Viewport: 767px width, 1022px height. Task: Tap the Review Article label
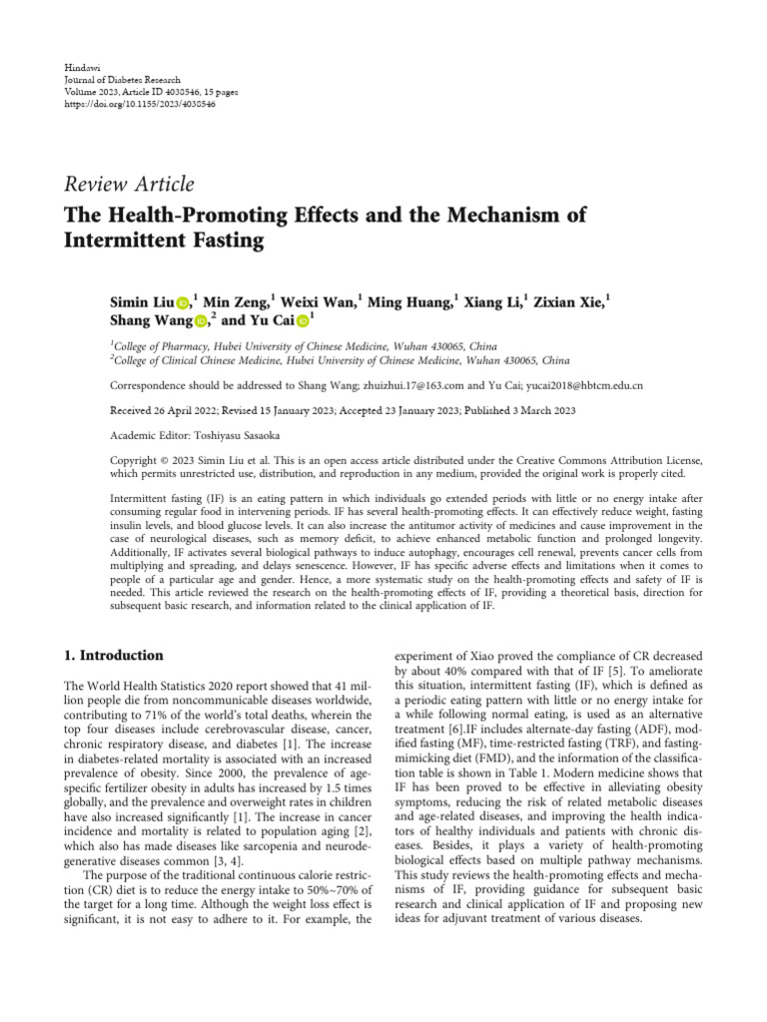pos(129,184)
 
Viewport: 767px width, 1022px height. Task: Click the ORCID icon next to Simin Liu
pos(183,302)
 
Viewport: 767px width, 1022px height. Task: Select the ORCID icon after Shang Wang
pos(200,321)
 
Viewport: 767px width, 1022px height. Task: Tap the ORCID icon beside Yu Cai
pos(303,321)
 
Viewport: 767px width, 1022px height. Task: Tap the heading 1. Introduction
pos(113,656)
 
